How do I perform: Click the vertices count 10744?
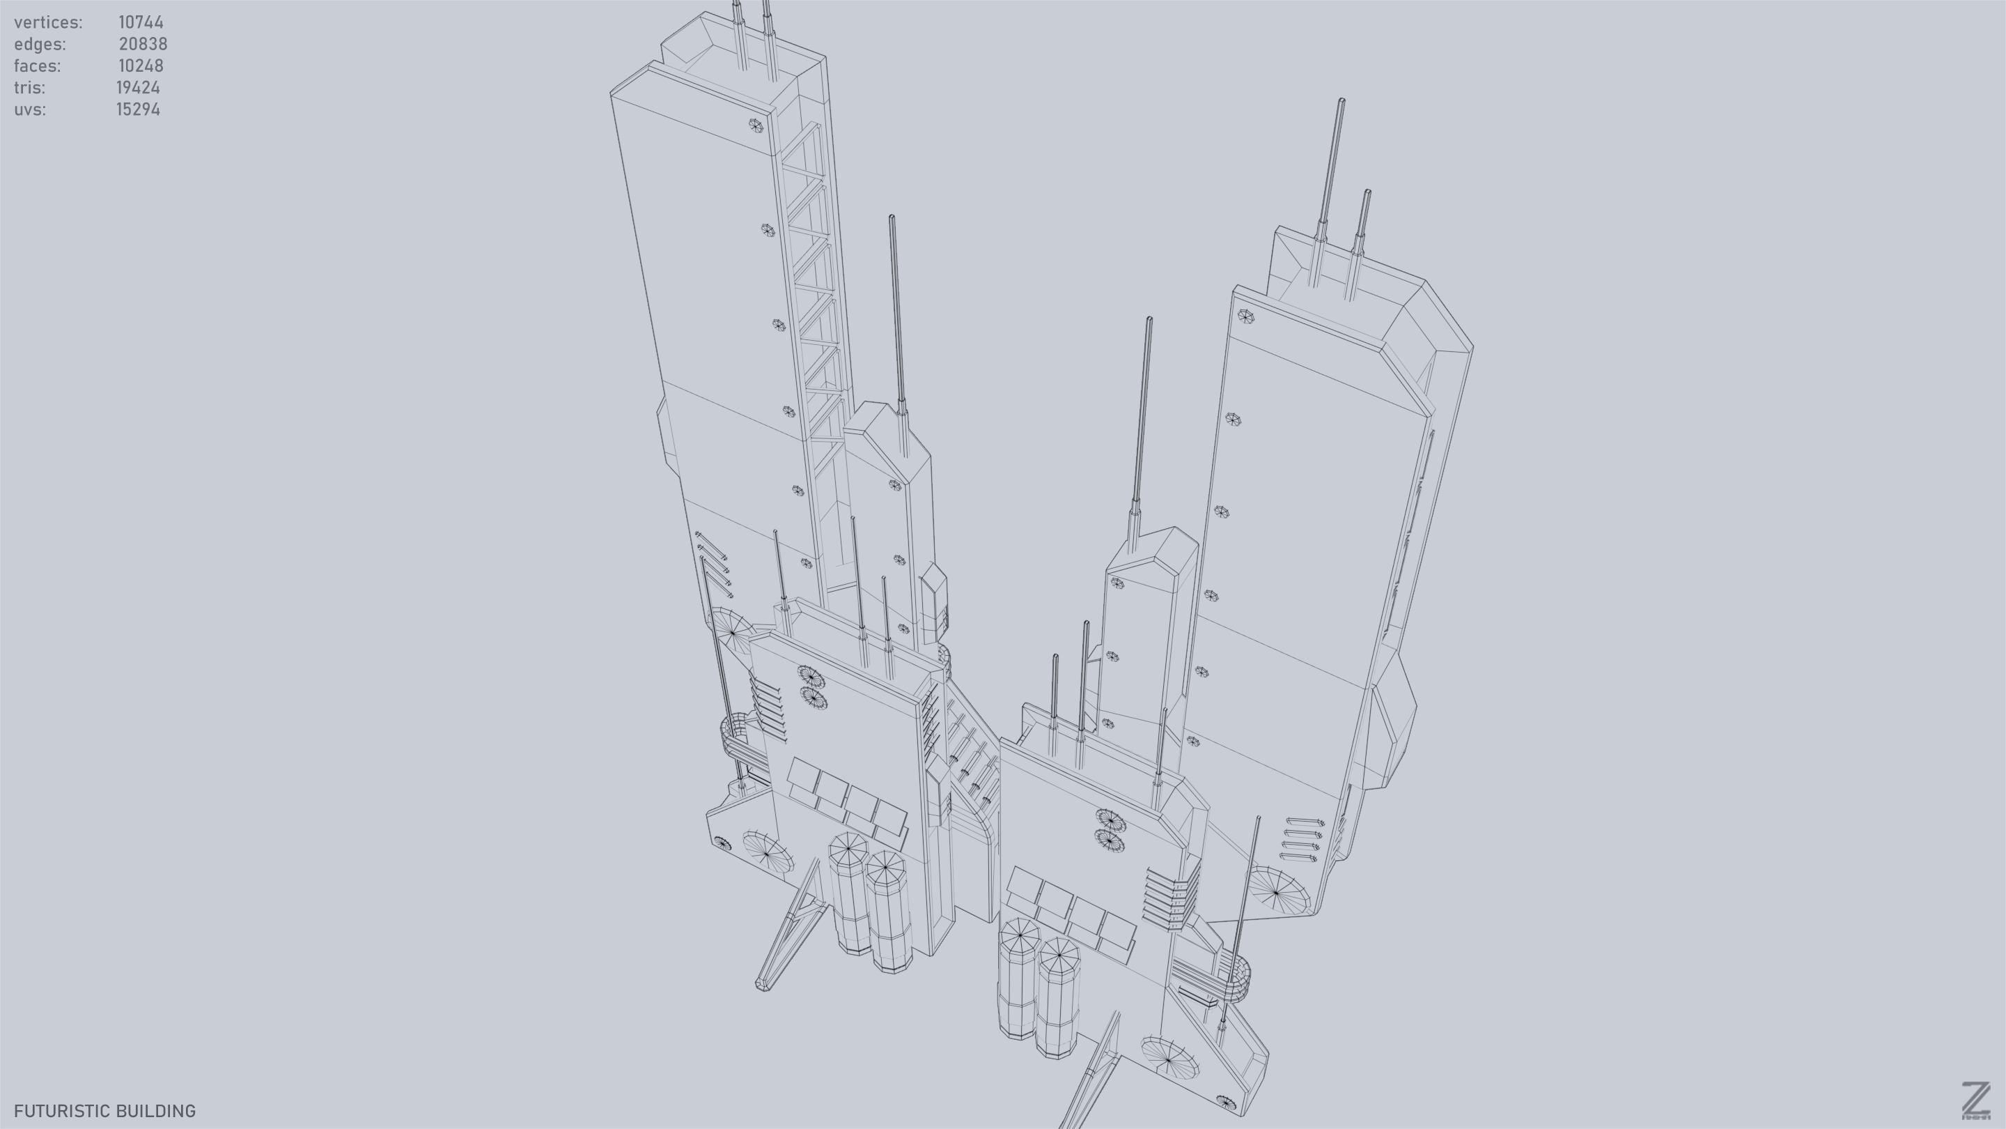(141, 22)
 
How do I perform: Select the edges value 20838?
(143, 44)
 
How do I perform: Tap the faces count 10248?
(141, 66)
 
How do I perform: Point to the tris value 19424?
(139, 87)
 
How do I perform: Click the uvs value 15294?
(139, 109)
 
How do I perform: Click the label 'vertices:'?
(47, 22)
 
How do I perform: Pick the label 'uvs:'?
(29, 109)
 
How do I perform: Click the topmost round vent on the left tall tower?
(754, 125)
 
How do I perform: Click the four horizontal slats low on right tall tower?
(1302, 839)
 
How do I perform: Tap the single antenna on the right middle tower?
(1142, 421)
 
